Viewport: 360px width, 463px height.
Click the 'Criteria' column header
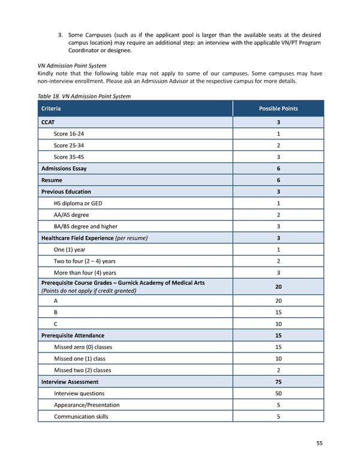[x=50, y=109]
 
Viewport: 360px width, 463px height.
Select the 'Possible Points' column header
[x=278, y=109]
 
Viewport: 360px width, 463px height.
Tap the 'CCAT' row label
[x=49, y=123]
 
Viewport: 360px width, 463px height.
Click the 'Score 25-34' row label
[x=69, y=145]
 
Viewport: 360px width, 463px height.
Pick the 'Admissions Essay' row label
[x=64, y=168]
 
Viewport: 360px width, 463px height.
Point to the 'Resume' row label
[x=52, y=180]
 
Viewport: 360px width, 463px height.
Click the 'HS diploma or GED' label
[x=78, y=204]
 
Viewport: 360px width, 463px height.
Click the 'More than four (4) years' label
[x=85, y=273]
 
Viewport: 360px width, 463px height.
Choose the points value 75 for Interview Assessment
[x=278, y=382]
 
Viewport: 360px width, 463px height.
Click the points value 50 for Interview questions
[x=278, y=393]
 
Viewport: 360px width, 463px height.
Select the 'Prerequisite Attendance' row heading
[x=73, y=336]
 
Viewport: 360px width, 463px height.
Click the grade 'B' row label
[x=56, y=313]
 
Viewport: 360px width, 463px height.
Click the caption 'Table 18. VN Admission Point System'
[x=84, y=96]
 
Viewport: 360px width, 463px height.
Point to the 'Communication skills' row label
[x=81, y=416]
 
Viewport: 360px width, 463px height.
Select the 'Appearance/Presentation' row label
[x=86, y=405]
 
